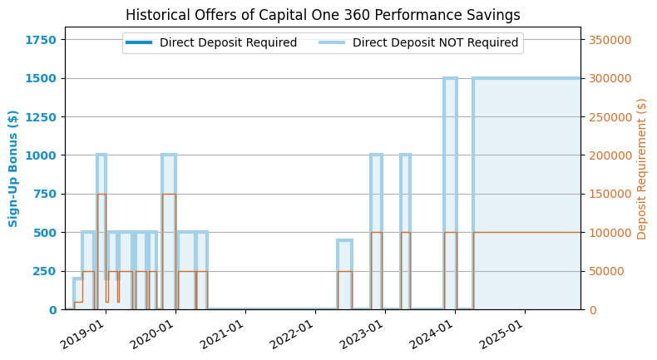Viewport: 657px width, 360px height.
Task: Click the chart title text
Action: point(323,15)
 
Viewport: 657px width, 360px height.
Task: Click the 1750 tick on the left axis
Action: point(42,40)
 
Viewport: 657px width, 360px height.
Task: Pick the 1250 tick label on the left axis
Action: point(42,117)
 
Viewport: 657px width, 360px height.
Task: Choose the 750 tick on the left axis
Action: point(46,194)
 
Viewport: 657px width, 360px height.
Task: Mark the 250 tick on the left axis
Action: point(46,271)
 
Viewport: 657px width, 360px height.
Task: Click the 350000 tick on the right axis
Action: point(610,40)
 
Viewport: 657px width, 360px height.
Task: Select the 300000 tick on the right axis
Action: point(610,78)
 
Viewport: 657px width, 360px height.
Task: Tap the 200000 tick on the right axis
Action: point(610,155)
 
